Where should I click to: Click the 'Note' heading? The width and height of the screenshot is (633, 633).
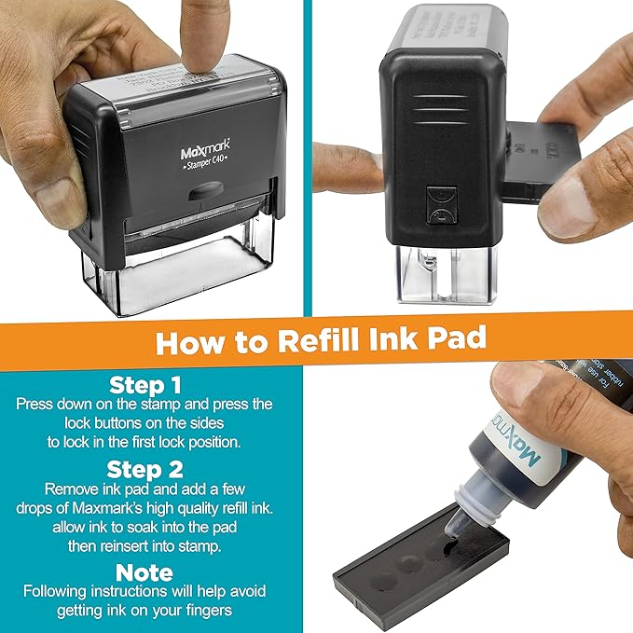[x=144, y=571]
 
